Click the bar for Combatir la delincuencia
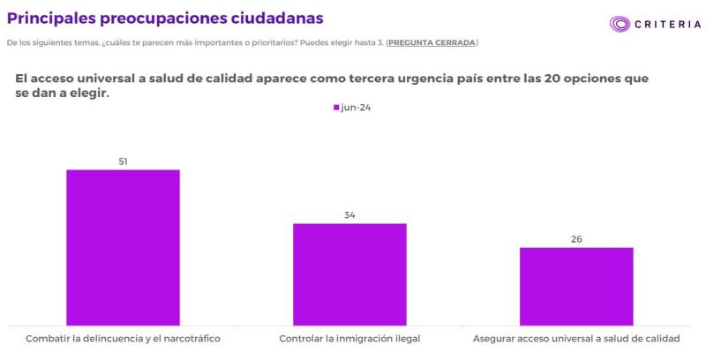click(x=123, y=247)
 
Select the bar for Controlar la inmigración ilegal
click(x=349, y=274)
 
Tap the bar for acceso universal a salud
click(x=576, y=286)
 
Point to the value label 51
click(x=124, y=161)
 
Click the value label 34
click(x=349, y=215)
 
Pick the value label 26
click(x=576, y=239)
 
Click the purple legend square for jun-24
click(x=336, y=108)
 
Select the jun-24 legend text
click(x=356, y=108)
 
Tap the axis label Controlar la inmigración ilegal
click(x=349, y=339)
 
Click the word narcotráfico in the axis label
click(x=188, y=339)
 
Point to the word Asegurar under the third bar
click(x=496, y=339)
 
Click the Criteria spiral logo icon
click(x=620, y=25)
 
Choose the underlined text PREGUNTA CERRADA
click(x=432, y=42)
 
